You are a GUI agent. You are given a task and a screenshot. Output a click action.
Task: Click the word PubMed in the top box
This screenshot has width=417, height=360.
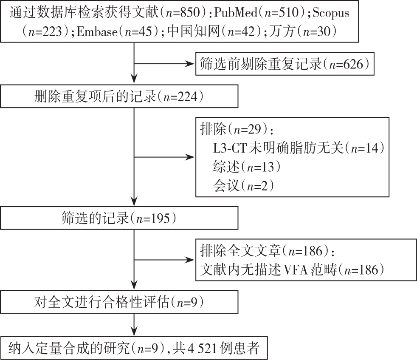click(x=236, y=12)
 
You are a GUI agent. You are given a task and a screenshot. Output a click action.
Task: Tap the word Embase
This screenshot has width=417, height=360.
click(x=97, y=32)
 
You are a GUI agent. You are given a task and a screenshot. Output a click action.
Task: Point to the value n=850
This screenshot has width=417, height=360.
click(x=183, y=12)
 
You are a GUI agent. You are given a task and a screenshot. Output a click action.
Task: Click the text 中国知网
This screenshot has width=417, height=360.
click(x=193, y=31)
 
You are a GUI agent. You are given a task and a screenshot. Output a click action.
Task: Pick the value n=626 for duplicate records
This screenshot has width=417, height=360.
click(x=346, y=64)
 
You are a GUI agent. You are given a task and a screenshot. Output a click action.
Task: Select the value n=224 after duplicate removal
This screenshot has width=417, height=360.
click(x=180, y=96)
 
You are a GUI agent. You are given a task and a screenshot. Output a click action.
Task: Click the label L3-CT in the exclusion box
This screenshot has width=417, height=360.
click(x=230, y=148)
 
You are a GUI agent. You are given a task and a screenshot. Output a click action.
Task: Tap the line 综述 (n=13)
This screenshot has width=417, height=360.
click(x=247, y=167)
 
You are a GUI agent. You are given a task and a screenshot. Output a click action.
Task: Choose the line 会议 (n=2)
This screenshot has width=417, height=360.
click(x=243, y=185)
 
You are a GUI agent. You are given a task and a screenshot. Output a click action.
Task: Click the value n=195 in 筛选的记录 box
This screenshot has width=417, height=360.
click(x=152, y=218)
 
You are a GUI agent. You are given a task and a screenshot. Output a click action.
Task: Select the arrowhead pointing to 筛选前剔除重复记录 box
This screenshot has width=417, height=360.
click(x=190, y=64)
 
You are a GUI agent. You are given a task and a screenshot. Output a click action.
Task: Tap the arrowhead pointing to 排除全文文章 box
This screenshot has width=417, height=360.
click(x=190, y=260)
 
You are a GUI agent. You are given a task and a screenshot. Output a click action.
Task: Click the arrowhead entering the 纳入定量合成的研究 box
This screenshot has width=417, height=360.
click(x=134, y=332)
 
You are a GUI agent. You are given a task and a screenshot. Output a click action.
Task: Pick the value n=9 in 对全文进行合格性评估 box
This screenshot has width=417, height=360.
click(x=187, y=303)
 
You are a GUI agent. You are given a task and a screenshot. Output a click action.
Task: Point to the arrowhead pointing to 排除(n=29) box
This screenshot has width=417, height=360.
click(x=190, y=157)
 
